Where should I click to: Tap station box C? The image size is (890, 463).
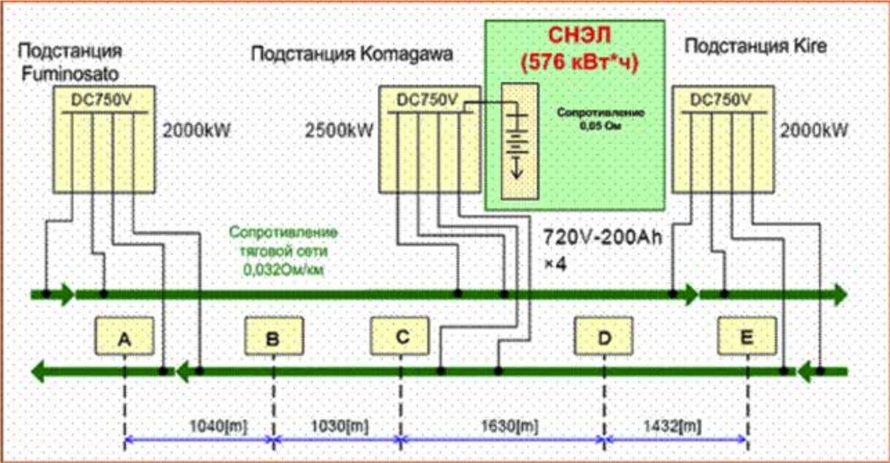point(401,338)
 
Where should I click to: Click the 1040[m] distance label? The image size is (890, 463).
point(216,427)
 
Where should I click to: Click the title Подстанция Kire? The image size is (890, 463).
point(755,45)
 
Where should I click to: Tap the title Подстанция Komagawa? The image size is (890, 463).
point(352,55)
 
